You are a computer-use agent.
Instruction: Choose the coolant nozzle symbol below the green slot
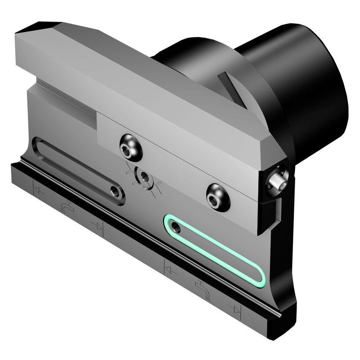(201, 289)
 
